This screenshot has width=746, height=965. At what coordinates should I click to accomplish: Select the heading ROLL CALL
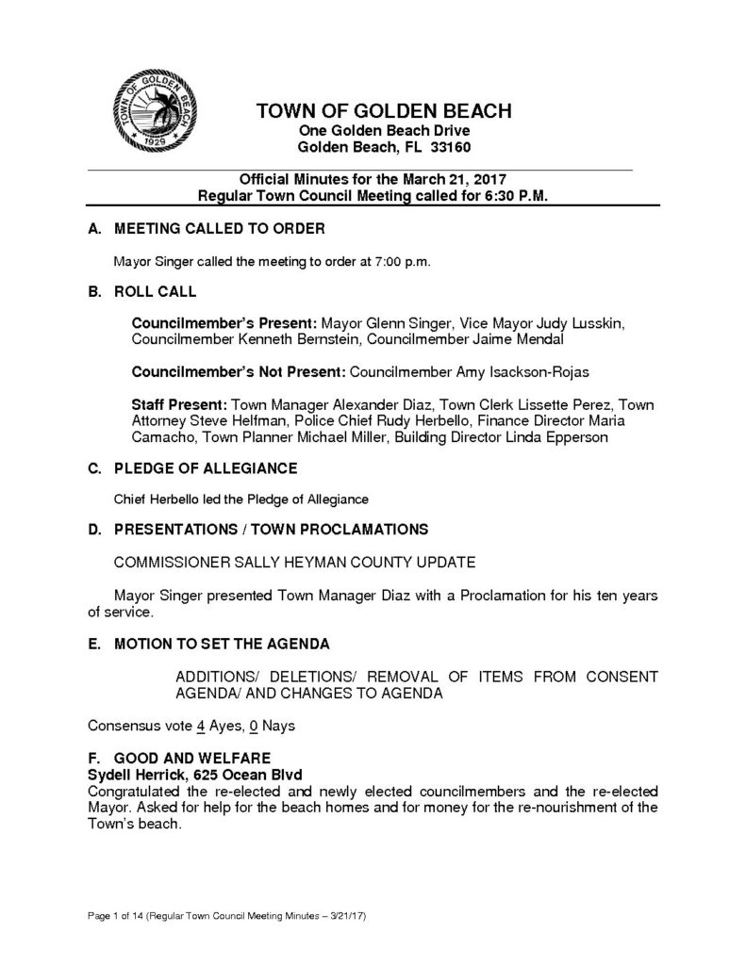pyautogui.click(x=156, y=292)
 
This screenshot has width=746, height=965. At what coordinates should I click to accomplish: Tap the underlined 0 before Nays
pyautogui.click(x=252, y=726)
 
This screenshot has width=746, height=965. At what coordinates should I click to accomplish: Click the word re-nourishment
pyautogui.click(x=582, y=806)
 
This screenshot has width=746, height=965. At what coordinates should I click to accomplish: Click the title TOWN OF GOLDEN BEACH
pyautogui.click(x=383, y=112)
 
